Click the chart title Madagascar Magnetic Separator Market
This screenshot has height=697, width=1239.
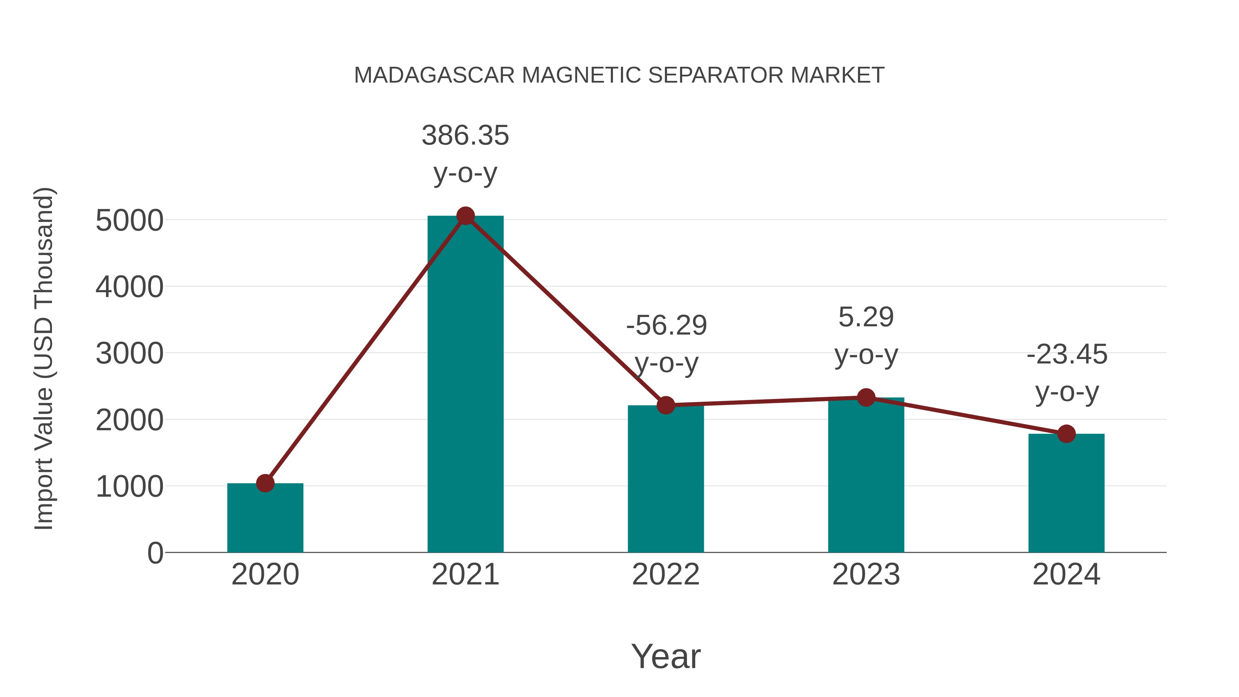619,75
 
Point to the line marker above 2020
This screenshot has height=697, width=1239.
265,483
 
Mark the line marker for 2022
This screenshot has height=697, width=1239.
666,405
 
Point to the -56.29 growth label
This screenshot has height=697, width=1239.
666,325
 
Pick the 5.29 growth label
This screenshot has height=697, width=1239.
866,317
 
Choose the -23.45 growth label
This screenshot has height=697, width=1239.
1067,355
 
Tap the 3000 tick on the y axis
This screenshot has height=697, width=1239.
129,354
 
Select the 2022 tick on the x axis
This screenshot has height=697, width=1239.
666,574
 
